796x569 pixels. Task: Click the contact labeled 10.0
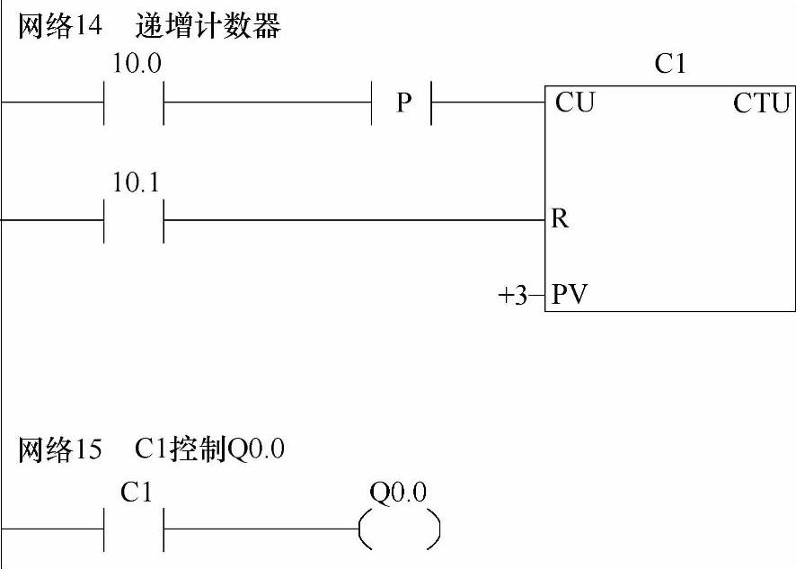[135, 102]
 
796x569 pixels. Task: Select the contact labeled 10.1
[135, 219]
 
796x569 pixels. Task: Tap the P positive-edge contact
[402, 102]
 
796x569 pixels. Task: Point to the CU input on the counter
[575, 102]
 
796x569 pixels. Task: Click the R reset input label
[560, 219]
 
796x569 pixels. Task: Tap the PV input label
[570, 294]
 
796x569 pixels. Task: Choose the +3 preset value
[515, 294]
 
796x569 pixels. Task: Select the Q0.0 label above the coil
[398, 493]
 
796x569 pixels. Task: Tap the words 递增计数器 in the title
[208, 27]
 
